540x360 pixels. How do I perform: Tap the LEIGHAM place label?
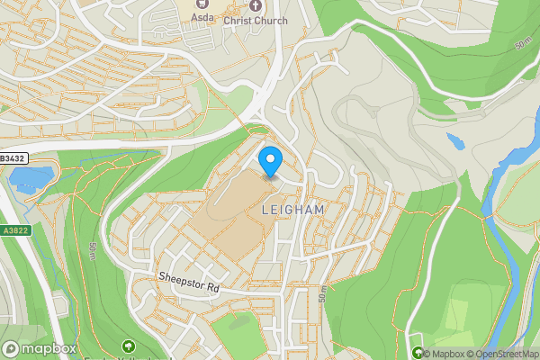tap(291, 209)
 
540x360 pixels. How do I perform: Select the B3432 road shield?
tap(13, 158)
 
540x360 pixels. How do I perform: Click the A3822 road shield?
tap(13, 230)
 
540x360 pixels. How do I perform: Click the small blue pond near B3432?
tap(22, 181)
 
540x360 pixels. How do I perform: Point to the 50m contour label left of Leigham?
tap(94, 251)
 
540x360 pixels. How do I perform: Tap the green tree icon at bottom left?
tap(129, 346)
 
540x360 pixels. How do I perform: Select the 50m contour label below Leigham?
tap(321, 293)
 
